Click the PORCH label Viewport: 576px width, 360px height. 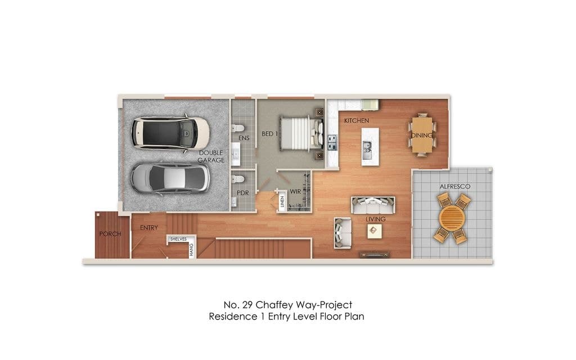click(x=110, y=233)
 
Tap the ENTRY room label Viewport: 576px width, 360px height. click(x=148, y=228)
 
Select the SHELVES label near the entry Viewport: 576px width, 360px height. click(x=178, y=239)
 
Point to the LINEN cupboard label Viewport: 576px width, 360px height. click(x=282, y=201)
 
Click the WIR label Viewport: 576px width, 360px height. click(x=295, y=191)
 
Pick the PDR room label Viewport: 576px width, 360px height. click(x=243, y=193)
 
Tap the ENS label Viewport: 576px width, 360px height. click(x=244, y=138)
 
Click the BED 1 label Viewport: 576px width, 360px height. click(x=269, y=134)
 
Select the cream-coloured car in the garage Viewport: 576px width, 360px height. click(x=170, y=133)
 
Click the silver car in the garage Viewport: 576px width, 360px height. click(x=170, y=179)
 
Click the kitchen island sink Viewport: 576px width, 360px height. click(x=367, y=151)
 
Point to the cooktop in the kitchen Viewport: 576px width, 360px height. click(x=332, y=142)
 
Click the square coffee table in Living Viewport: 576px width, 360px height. click(x=375, y=231)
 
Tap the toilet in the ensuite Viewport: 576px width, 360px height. click(x=238, y=128)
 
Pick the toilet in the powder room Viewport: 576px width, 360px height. click(x=238, y=179)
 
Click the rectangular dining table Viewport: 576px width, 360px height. click(x=422, y=134)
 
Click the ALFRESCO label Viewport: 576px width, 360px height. click(x=454, y=187)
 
